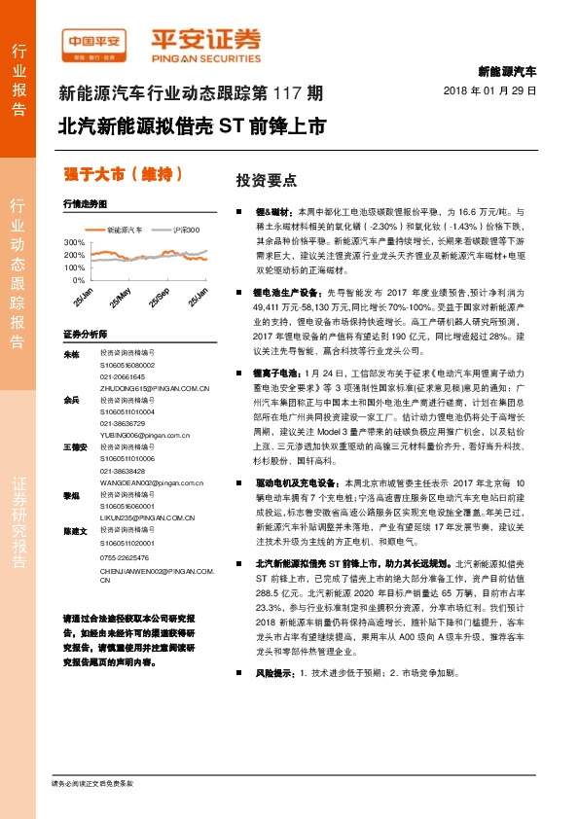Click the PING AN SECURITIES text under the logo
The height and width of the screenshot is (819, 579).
pos(204,56)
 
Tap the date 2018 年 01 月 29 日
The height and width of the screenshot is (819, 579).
pos(496,89)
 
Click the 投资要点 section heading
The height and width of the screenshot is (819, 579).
pos(267,181)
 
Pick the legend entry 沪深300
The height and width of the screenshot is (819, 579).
pos(186,230)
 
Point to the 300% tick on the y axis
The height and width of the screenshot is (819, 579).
pos(74,241)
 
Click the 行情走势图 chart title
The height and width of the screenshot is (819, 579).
pos(83,205)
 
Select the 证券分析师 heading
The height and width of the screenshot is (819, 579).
pos(85,334)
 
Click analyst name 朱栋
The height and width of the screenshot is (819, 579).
pos(70,354)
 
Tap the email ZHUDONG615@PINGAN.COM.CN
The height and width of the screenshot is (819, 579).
pos(155,387)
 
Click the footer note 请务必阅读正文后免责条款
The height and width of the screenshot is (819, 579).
pos(92,782)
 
